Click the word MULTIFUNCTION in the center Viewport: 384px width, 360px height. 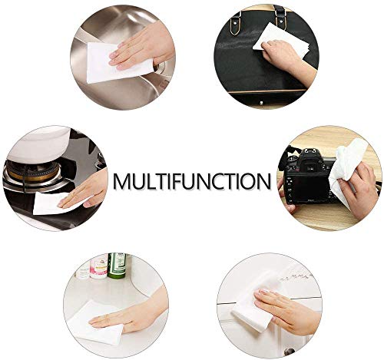point(192,181)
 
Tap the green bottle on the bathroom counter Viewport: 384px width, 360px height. point(117,266)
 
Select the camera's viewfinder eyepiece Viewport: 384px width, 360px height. point(310,167)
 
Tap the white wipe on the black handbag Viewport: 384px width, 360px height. point(280,40)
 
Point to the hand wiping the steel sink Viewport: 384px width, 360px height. point(144,48)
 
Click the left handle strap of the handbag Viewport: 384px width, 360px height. point(236,23)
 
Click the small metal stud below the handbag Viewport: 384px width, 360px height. point(261,103)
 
